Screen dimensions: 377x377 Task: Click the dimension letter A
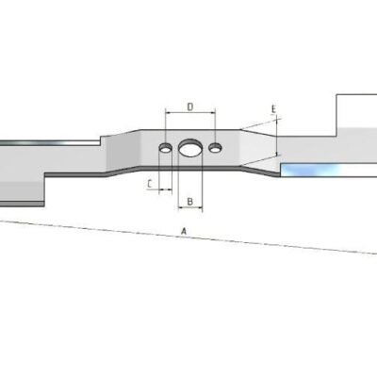point(184,231)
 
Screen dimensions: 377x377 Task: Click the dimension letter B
point(188,202)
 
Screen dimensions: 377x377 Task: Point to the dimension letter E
point(272,110)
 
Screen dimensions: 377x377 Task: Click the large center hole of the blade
point(189,148)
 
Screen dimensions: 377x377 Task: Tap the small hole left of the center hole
point(165,148)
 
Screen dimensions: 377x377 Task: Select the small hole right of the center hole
point(216,148)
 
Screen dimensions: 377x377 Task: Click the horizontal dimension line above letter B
point(188,191)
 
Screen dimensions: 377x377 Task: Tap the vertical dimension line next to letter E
point(278,137)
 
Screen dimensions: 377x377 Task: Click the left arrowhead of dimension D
point(167,115)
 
